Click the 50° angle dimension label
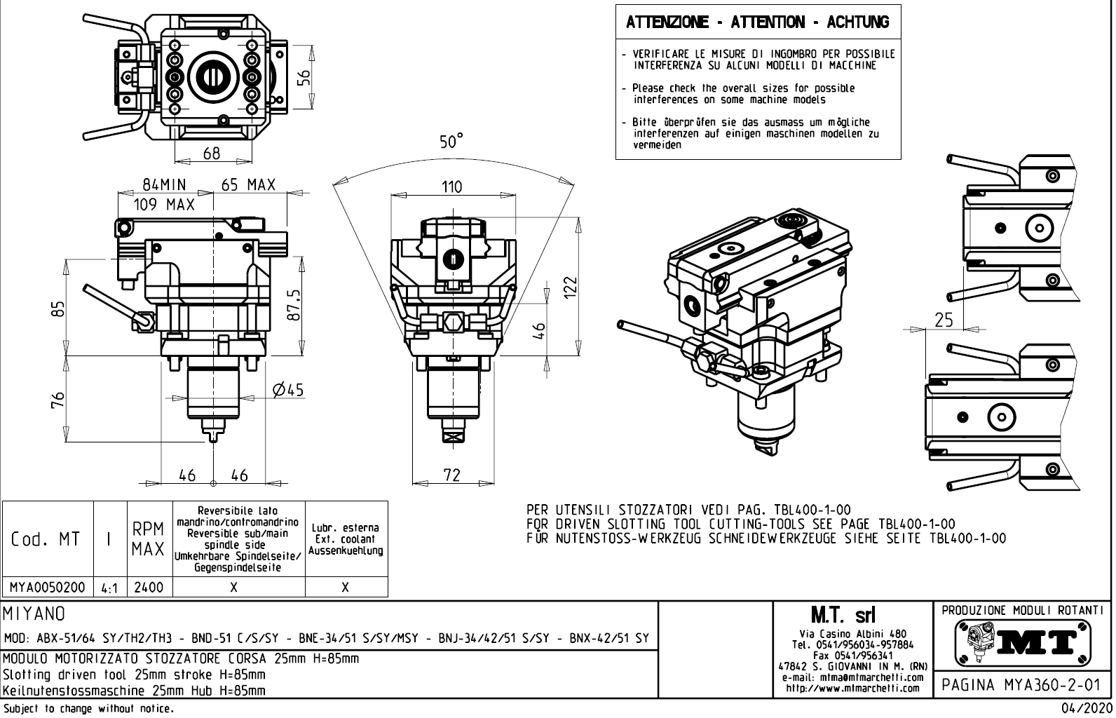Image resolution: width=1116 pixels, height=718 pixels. pos(451,142)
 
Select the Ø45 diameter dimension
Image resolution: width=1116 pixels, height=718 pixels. pos(288,391)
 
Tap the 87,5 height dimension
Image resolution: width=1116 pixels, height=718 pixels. pos(294,305)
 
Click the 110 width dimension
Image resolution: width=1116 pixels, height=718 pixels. pos(451,187)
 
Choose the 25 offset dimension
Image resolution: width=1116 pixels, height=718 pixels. pos(944,320)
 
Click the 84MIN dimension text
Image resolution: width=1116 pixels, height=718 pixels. pos(164,185)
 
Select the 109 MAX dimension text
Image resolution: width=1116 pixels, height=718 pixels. pos(164,205)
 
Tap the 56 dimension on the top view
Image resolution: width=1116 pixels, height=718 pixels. pos(303,77)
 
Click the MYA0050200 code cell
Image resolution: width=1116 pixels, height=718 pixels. pos(48,588)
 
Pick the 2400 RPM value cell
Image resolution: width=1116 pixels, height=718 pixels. pos(149,588)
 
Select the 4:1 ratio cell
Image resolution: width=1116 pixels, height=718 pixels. pos(109,588)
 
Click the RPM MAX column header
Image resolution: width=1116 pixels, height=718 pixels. pos(149,539)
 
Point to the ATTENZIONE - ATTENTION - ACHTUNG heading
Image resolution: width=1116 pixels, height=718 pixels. pos(757,22)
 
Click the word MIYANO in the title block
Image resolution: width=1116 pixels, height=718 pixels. pos(35,614)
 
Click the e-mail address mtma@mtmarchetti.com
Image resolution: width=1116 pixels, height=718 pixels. pos(852,678)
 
